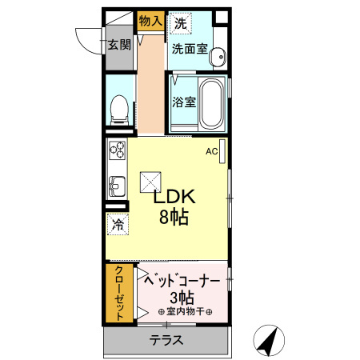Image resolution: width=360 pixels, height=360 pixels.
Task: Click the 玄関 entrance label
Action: point(120,45)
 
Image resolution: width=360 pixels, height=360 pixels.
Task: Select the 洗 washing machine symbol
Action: point(181,23)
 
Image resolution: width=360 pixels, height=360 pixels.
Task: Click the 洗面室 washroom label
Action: point(189,48)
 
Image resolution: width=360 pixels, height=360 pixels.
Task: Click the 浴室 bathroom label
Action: point(185,102)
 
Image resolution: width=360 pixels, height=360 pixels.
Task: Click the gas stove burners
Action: point(118,150)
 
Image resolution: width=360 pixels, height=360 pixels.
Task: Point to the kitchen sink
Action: point(116,186)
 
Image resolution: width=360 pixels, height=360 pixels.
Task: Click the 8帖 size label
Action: point(173,217)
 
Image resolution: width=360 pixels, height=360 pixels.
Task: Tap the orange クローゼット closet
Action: point(119,293)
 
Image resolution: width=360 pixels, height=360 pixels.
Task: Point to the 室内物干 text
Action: point(185,312)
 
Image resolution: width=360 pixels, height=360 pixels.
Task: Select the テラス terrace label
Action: point(166,341)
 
